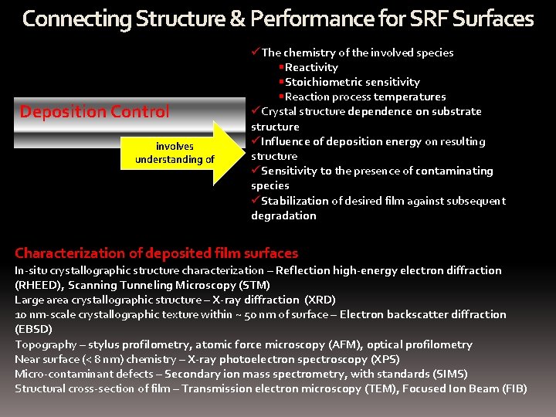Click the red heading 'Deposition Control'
94,112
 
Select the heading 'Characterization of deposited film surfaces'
156,253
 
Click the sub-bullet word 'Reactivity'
311,67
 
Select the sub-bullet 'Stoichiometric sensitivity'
352,82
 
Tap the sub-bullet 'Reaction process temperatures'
365,97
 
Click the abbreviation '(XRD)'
320,300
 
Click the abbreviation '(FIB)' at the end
512,388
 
